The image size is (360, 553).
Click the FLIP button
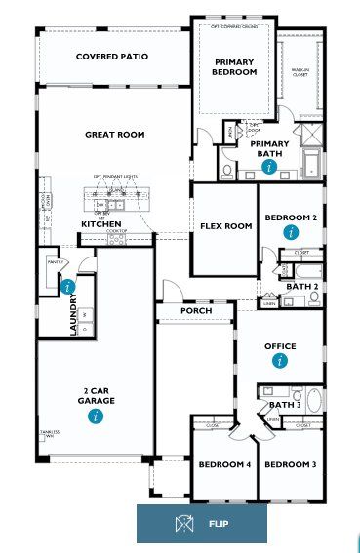(x=201, y=524)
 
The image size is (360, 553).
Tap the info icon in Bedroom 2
(x=290, y=232)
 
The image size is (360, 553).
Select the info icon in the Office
(x=281, y=361)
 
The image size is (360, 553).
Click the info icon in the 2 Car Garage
(x=95, y=416)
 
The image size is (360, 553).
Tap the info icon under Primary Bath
(x=270, y=167)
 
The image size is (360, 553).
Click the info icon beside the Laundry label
(x=67, y=287)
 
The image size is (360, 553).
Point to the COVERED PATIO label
(x=112, y=57)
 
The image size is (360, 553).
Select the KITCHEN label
(x=101, y=224)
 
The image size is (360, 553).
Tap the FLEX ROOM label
(x=226, y=226)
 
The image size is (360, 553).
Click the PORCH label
(x=195, y=312)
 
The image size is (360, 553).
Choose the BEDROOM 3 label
(x=292, y=465)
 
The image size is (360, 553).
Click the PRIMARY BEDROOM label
(x=235, y=66)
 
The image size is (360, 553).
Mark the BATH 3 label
(x=284, y=405)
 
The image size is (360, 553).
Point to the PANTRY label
(x=55, y=261)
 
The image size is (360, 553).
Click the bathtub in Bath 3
(x=315, y=399)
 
